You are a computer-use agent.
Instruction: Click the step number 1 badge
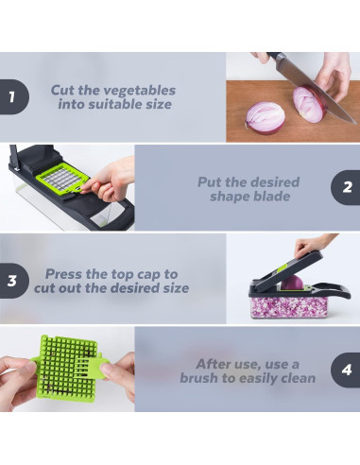tap(12, 96)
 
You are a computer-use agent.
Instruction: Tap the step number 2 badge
tap(346, 188)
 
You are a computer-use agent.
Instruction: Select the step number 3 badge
tap(12, 280)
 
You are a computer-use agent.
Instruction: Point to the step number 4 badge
tap(346, 370)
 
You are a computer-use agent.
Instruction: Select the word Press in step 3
tap(67, 273)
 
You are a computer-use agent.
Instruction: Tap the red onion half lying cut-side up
tap(265, 117)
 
